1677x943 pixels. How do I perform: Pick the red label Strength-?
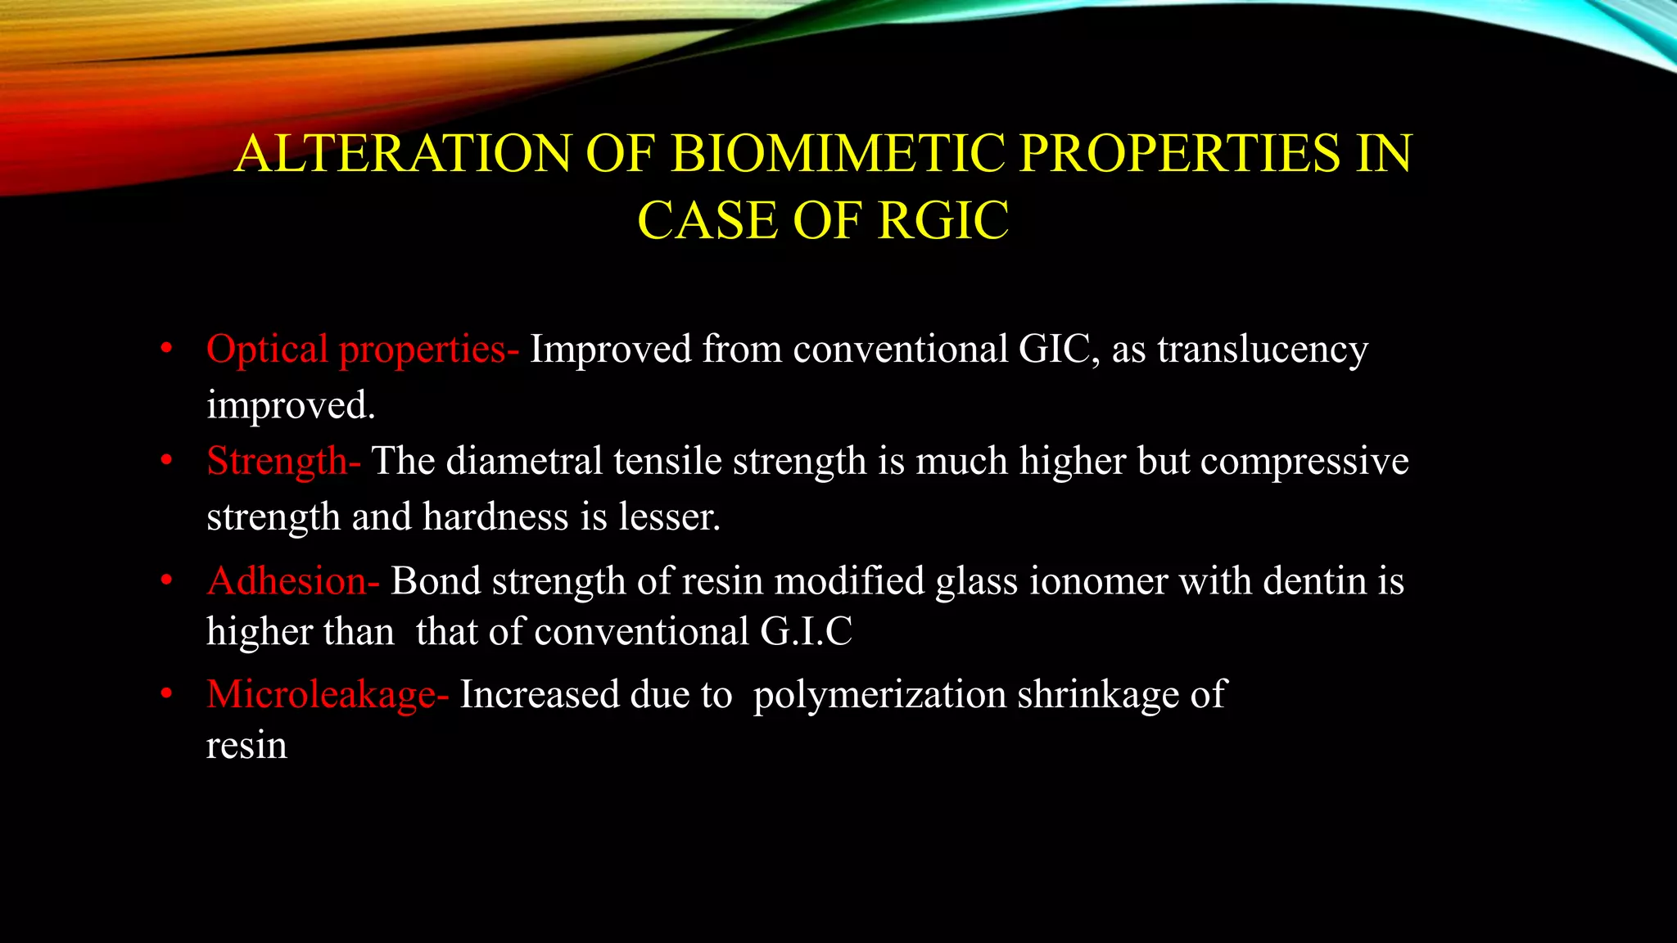tap(283, 461)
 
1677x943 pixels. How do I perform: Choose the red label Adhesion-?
tap(293, 581)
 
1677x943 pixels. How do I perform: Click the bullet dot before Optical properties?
tap(167, 349)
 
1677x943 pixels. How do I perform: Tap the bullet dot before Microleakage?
tap(167, 695)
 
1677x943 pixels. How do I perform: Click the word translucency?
tap(1262, 350)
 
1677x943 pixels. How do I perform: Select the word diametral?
tap(524, 461)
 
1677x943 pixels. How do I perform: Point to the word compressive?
tap(1304, 461)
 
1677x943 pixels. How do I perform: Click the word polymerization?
tap(879, 695)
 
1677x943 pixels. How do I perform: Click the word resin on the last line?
tap(246, 746)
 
